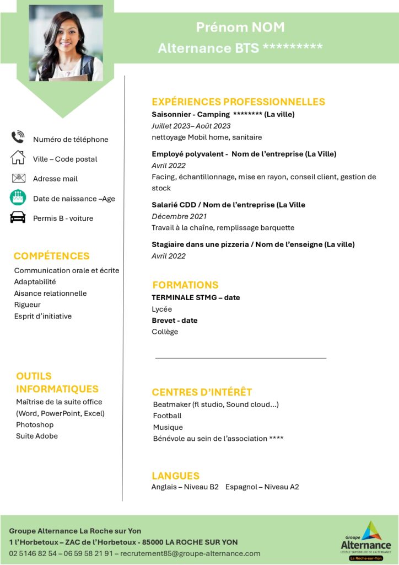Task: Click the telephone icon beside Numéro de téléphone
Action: click(18, 137)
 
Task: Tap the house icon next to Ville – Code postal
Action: click(18, 158)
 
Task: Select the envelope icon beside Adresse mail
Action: click(18, 178)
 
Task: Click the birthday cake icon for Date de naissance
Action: click(18, 198)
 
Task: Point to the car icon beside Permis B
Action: click(18, 217)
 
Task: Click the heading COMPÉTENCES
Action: click(51, 256)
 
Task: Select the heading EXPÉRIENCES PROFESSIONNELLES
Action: click(238, 102)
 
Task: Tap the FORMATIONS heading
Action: click(185, 285)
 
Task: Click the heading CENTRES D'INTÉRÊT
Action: click(202, 392)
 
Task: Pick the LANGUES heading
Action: click(175, 476)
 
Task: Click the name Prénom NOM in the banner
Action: click(240, 27)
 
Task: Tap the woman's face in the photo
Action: click(65, 36)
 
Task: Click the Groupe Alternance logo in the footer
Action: click(365, 540)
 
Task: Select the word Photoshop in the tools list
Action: click(35, 425)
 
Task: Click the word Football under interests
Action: click(167, 415)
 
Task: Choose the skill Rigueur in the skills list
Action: click(27, 305)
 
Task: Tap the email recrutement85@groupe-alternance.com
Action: click(190, 553)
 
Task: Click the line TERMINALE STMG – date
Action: click(196, 297)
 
